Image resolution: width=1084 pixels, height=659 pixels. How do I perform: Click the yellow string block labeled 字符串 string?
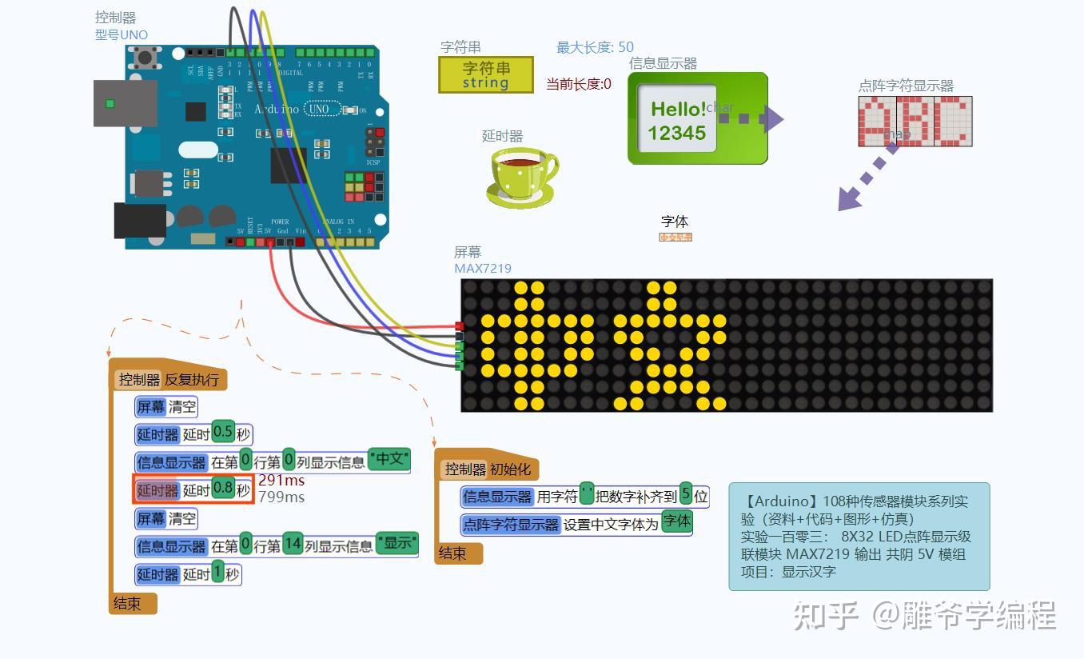486,74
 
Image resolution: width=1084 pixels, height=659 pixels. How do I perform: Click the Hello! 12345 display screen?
677,120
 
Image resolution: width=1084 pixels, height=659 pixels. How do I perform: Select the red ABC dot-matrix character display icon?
915,122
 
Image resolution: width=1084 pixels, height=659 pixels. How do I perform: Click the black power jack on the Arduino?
140,221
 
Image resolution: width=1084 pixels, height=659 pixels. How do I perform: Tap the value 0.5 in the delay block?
223,433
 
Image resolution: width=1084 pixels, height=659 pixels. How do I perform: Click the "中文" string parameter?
389,459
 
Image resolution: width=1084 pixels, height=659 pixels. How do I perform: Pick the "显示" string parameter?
397,543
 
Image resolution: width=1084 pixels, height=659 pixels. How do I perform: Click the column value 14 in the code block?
293,545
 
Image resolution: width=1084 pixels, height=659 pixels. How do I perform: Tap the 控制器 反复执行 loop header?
168,379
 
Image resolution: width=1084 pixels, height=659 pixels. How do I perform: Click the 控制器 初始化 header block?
487,469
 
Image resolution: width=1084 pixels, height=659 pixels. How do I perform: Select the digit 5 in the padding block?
686,495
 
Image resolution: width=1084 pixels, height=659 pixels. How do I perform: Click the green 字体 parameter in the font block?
676,522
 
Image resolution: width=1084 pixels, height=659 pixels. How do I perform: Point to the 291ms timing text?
281,480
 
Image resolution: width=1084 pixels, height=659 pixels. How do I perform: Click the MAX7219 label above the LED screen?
482,269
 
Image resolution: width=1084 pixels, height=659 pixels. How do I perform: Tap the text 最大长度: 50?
595,48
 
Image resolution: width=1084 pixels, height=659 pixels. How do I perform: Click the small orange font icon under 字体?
675,238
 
